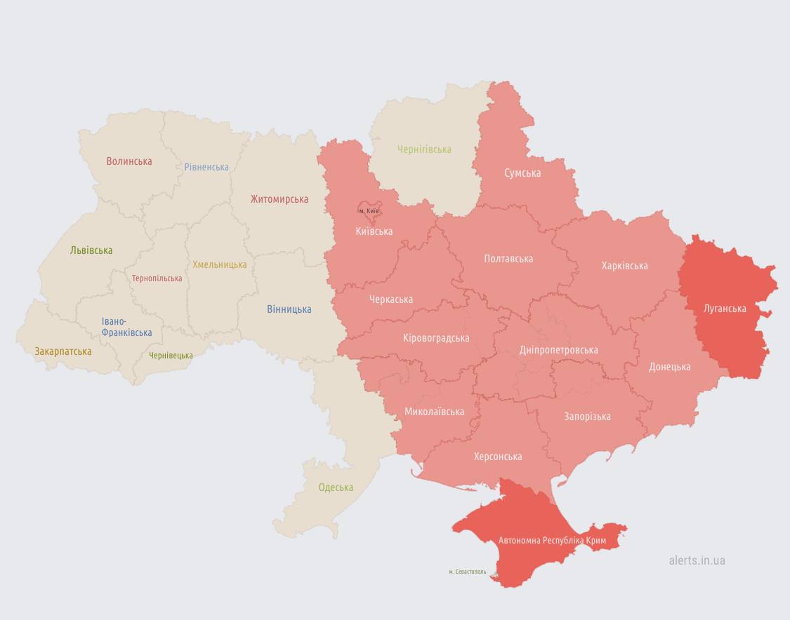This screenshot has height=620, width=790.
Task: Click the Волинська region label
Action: click(129, 161)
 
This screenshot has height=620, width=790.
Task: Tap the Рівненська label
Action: click(206, 168)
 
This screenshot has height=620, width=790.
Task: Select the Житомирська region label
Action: click(279, 199)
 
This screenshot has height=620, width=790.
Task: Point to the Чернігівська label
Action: click(424, 149)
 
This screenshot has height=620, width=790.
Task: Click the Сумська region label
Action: click(522, 173)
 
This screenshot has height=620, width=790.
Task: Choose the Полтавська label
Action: click(508, 259)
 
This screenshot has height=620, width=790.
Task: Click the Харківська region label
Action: click(624, 266)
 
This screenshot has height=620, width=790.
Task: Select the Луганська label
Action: click(725, 309)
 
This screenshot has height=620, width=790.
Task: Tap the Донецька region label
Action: click(669, 367)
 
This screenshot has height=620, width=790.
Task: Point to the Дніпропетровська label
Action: click(558, 350)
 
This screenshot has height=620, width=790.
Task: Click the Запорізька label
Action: click(587, 417)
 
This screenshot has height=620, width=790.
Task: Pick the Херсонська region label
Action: click(498, 457)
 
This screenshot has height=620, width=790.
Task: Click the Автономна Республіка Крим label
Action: click(552, 541)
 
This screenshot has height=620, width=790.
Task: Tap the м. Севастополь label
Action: click(467, 572)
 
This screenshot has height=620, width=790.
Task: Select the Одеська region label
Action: click(336, 487)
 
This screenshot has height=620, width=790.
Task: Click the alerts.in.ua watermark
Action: click(697, 560)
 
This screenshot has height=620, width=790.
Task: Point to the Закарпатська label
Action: click(63, 351)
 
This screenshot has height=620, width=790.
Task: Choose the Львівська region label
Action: click(91, 250)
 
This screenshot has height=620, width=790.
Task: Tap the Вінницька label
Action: click(289, 309)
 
